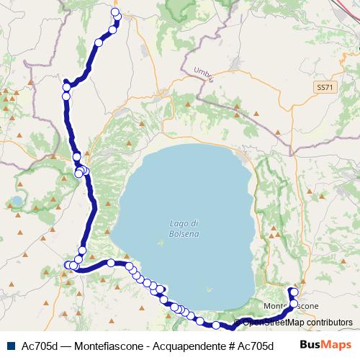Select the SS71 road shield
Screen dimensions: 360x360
pos(325,86)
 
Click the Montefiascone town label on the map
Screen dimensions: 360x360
pos(291,306)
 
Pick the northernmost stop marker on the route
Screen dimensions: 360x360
pos(115,12)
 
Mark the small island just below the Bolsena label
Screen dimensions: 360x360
pos(160,241)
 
